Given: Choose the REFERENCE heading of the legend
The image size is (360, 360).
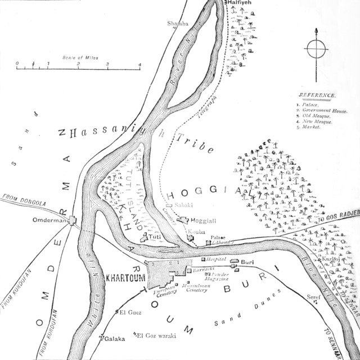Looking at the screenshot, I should (318, 96).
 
